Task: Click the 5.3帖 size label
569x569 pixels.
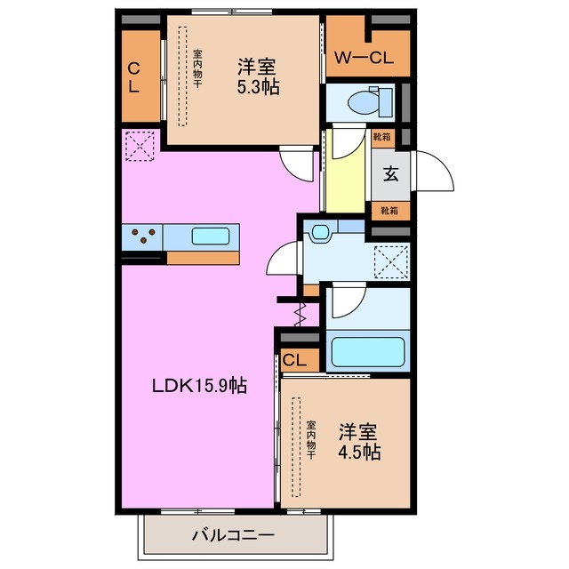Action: tap(256, 87)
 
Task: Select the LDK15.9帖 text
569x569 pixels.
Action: tap(197, 385)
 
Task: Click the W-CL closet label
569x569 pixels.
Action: tap(364, 59)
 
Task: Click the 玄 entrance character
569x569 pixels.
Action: tap(390, 173)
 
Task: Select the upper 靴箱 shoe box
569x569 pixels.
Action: tap(383, 138)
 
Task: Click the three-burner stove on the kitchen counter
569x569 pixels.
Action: tap(144, 236)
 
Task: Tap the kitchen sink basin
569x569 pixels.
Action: tap(211, 236)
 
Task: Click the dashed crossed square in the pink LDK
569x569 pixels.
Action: tap(140, 147)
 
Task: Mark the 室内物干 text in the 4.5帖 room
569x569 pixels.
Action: tap(311, 439)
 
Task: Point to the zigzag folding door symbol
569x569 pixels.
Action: tap(301, 313)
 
